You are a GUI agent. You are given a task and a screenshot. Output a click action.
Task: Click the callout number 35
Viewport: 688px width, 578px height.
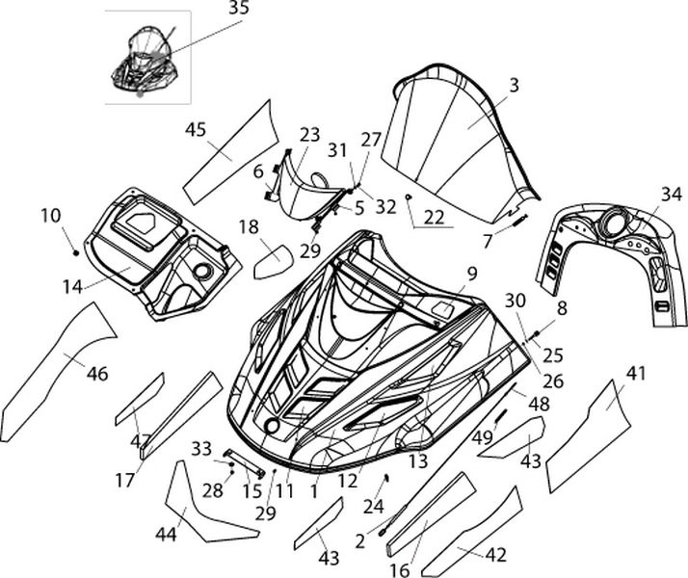[238, 9]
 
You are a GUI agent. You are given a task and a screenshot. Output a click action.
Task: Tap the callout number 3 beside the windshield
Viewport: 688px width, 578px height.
[514, 85]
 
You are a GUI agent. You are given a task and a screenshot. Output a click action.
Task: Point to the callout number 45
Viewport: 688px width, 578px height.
[197, 129]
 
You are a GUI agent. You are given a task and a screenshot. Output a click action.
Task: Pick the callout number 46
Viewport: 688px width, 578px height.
[97, 374]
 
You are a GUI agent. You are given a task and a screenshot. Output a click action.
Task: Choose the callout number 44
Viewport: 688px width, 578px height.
[166, 534]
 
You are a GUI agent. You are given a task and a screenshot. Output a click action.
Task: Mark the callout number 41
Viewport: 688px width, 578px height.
[636, 373]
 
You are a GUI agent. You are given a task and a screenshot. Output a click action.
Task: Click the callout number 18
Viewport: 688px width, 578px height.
[249, 227]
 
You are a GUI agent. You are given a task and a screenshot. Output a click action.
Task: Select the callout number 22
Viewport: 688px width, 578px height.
[434, 218]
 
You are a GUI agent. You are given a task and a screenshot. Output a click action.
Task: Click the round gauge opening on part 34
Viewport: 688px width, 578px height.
[613, 227]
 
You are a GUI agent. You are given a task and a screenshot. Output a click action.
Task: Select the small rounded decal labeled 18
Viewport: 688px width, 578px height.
[273, 261]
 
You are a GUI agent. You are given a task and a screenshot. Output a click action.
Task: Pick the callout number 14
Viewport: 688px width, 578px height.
[71, 285]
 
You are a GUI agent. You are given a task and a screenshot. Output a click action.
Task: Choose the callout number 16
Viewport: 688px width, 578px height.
[399, 569]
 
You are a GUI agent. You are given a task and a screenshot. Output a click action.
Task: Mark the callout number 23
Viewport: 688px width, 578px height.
[309, 135]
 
